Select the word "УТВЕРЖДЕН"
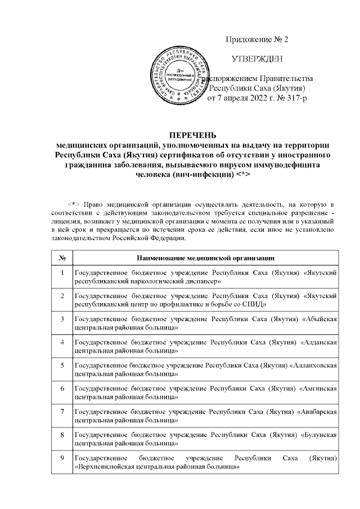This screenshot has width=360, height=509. click(257, 58)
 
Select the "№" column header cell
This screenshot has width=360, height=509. click(62, 258)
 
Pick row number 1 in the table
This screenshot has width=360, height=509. click(62, 272)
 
